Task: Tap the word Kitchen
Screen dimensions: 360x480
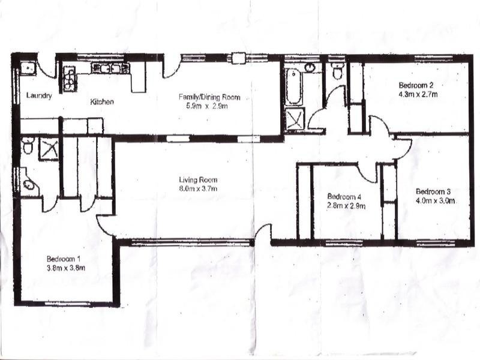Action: click(x=102, y=102)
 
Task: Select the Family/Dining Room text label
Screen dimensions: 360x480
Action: click(x=209, y=97)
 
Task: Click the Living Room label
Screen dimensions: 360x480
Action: click(x=197, y=179)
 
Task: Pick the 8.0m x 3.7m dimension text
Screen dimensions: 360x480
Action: click(x=197, y=188)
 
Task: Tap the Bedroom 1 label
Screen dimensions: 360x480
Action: click(x=65, y=259)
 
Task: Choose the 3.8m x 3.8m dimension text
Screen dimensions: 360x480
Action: click(x=65, y=268)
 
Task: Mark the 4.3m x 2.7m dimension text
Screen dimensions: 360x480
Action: click(x=417, y=94)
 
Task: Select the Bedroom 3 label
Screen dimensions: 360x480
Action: click(x=434, y=192)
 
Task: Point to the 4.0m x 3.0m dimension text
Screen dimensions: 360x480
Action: click(x=434, y=201)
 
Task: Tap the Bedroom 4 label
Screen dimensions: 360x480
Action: click(x=345, y=197)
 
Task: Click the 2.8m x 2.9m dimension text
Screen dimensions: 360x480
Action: click(x=345, y=206)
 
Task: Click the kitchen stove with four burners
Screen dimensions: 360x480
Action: click(x=71, y=78)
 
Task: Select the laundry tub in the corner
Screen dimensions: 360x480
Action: click(x=27, y=68)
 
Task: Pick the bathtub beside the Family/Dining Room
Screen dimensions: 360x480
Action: click(x=293, y=85)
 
